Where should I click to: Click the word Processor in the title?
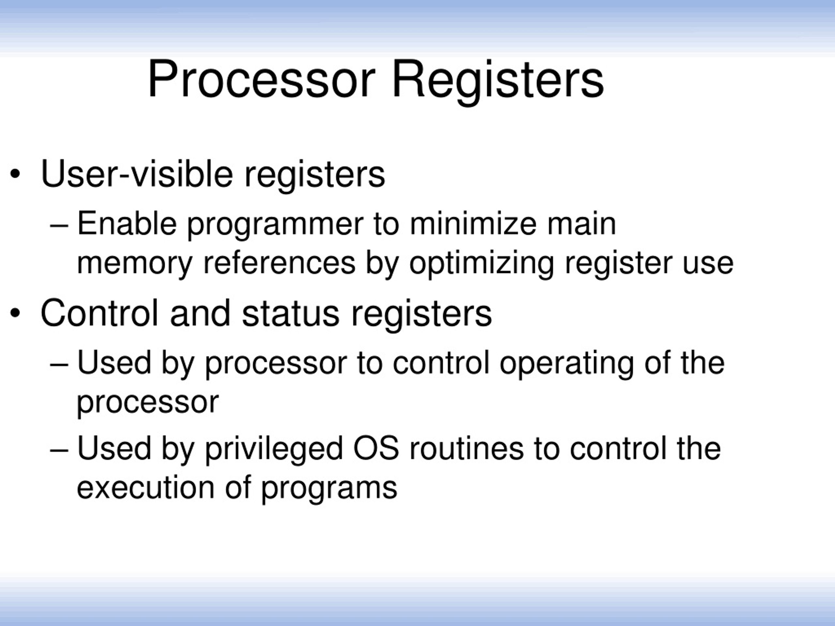click(261, 80)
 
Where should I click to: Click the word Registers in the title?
click(497, 80)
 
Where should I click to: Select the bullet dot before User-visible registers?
click(15, 174)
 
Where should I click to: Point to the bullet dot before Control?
click(15, 313)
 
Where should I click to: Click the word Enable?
click(127, 223)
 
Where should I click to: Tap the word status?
click(290, 314)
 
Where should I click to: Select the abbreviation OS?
click(376, 448)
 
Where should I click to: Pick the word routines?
click(466, 448)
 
